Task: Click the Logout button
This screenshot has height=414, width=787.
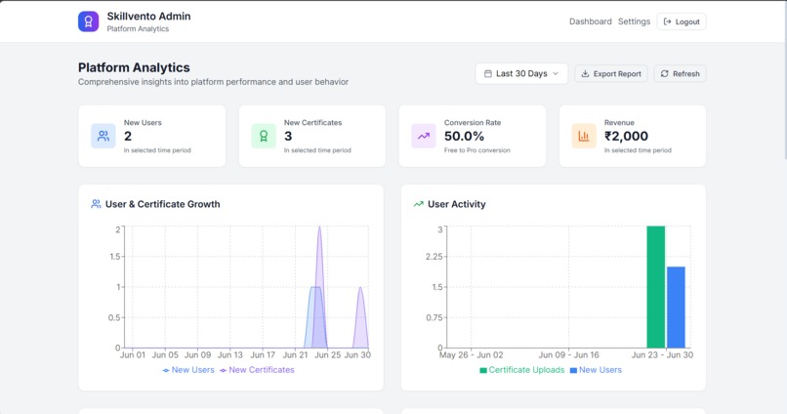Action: [x=682, y=21]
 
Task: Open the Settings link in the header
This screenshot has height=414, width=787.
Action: [x=634, y=21]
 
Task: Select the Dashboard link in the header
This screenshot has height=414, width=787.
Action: [x=590, y=21]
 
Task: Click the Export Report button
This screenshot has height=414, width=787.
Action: [x=610, y=73]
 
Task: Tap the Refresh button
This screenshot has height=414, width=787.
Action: [x=680, y=73]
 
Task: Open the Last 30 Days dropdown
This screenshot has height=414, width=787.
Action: [x=521, y=73]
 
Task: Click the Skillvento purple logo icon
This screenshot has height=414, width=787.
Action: [x=89, y=21]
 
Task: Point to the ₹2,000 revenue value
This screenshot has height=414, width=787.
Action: [x=626, y=137]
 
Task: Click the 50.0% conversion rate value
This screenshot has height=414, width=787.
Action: [x=464, y=137]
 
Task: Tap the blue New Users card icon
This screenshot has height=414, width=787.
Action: [x=104, y=137]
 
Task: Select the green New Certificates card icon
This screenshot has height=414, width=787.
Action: [x=264, y=137]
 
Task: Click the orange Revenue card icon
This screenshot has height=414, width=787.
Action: [x=584, y=137]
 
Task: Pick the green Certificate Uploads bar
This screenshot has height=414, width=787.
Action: [x=655, y=287]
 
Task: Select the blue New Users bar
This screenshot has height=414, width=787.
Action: [x=676, y=307]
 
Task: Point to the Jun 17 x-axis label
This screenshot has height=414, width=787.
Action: [x=263, y=355]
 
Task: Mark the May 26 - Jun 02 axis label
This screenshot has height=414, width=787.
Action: [x=472, y=355]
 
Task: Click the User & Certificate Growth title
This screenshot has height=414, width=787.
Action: [x=162, y=204]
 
